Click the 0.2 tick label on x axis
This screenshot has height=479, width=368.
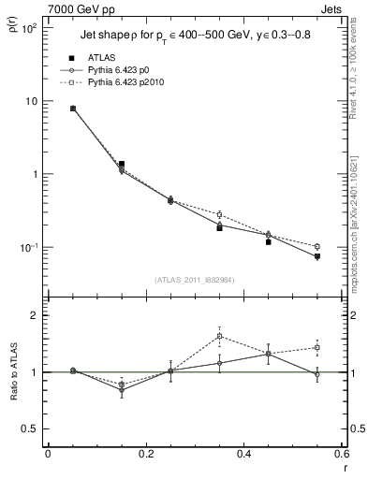tap(144, 454)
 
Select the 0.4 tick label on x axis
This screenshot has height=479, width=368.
tap(242, 454)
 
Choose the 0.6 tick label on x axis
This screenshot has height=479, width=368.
tap(339, 454)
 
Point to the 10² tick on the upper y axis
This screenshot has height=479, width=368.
tap(29, 28)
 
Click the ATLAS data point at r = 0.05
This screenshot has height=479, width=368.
tap(73, 109)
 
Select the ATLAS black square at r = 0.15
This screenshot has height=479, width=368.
tap(122, 164)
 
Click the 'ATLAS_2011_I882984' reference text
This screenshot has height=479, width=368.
tap(194, 279)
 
